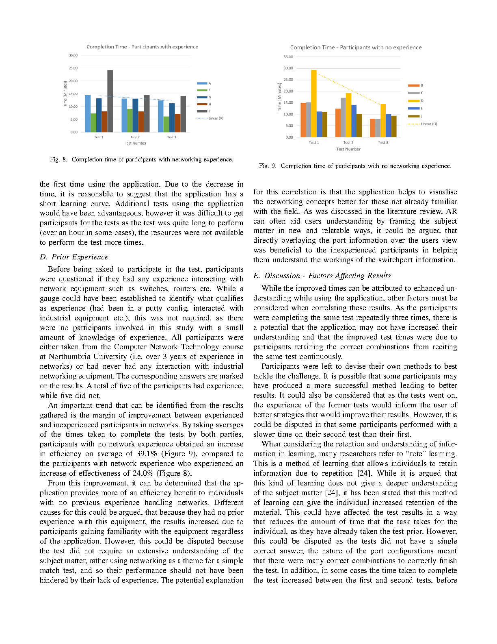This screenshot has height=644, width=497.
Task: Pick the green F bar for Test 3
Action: click(x=166, y=124)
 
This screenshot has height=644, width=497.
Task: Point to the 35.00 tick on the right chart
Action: click(x=288, y=57)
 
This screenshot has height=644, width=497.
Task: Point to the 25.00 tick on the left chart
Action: click(x=73, y=68)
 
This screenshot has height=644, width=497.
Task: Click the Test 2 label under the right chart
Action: click(x=348, y=142)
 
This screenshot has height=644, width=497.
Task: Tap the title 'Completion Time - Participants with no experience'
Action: click(x=356, y=48)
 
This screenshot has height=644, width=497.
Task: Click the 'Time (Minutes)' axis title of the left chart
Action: click(x=65, y=94)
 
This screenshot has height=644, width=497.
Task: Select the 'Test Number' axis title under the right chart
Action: click(x=348, y=149)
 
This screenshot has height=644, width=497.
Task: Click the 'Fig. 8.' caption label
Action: click(x=58, y=159)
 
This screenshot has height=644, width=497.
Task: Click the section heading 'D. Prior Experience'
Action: click(x=74, y=257)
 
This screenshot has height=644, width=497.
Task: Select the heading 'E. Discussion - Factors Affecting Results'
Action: click(x=322, y=276)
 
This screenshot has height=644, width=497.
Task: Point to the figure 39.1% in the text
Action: click(x=147, y=454)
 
